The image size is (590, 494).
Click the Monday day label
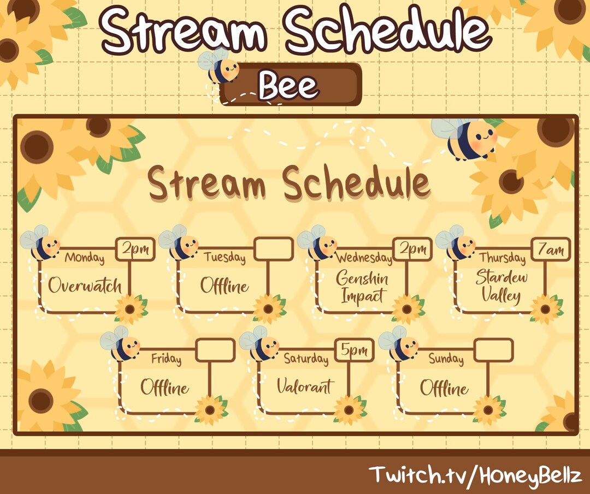[85, 258]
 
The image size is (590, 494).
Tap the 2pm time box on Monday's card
[135, 250]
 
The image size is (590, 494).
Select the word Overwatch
[85, 285]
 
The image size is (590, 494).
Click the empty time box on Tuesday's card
[274, 249]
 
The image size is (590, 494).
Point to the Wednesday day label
[364, 257]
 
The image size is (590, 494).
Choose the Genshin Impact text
[362, 287]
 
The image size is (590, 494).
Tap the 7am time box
[551, 249]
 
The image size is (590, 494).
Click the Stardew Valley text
[501, 286]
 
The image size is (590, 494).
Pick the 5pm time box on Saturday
[354, 350]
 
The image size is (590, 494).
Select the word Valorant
[304, 387]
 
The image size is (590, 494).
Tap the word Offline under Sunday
[444, 388]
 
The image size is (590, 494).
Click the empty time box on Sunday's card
[493, 350]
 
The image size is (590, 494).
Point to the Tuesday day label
[225, 258]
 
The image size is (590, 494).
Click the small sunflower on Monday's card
[130, 309]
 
